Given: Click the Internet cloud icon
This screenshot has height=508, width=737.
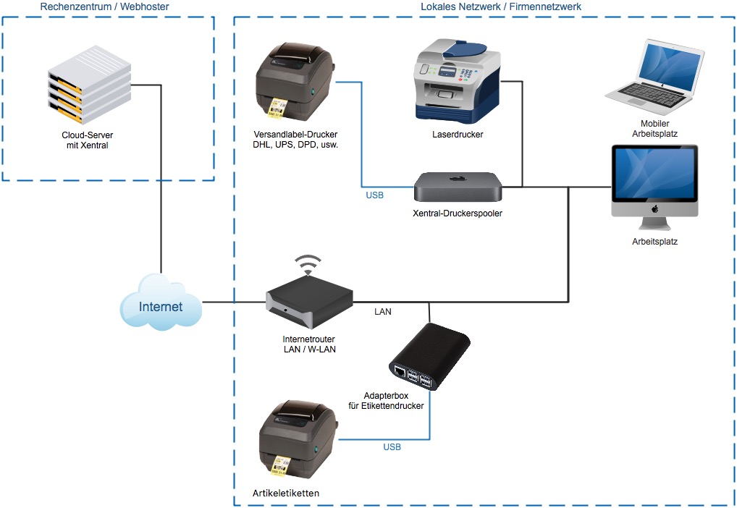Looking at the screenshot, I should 161,305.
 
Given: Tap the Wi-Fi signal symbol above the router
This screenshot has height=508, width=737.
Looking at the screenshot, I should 309,264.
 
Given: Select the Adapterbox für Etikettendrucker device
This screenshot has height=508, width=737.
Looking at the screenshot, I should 430,357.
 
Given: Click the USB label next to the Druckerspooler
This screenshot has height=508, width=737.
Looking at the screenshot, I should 375,195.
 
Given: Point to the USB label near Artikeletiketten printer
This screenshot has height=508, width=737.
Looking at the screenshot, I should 392,447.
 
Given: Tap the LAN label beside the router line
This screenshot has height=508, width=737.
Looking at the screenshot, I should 383,312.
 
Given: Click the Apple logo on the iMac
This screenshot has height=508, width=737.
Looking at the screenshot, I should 654,208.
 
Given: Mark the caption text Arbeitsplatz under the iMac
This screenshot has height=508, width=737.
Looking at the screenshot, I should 654,242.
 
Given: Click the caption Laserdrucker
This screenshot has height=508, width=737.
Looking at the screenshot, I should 458,135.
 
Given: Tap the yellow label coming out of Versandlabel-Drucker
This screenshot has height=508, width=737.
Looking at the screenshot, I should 277,106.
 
